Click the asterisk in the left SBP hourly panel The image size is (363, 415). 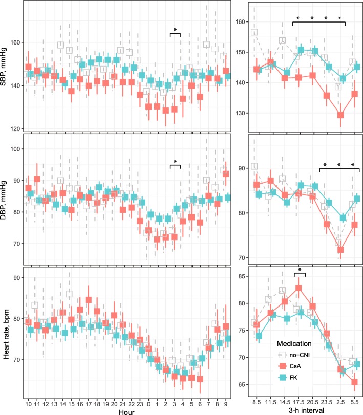(x=176, y=30)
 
